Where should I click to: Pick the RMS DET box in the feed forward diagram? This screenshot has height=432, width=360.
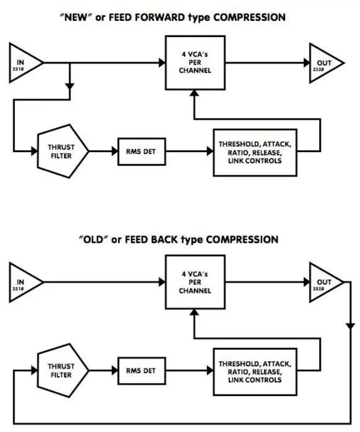[141, 150]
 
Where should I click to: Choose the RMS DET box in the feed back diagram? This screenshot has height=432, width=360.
[141, 370]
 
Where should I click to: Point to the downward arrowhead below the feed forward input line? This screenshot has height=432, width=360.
[69, 86]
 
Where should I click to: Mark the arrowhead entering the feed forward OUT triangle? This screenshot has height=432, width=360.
[304, 63]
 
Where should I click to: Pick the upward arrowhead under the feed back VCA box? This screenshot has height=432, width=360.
[193, 312]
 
